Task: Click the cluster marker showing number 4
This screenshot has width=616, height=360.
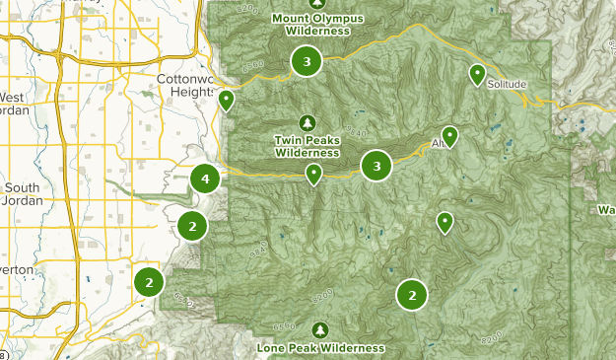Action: [205, 180]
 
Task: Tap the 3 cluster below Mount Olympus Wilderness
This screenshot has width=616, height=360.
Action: [308, 62]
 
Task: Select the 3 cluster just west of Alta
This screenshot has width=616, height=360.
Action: [376, 166]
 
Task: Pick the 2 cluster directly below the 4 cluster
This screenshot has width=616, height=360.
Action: [192, 226]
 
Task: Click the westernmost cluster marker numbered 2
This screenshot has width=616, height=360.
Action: [149, 282]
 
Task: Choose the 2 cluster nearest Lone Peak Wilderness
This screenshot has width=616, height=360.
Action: [412, 294]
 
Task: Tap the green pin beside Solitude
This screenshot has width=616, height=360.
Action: [477, 74]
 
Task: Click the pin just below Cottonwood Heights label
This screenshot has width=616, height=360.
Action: [226, 100]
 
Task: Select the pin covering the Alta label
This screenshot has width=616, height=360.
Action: [449, 136]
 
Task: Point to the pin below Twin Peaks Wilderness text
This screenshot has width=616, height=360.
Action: [313, 175]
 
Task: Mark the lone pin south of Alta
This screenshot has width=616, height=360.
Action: [445, 223]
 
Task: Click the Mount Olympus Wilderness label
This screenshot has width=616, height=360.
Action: [317, 25]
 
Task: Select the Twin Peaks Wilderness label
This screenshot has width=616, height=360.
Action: [308, 147]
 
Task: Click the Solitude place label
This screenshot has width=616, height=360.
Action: [507, 85]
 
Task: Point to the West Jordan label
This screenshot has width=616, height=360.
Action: [14, 104]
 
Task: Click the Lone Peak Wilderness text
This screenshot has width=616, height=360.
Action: [320, 348]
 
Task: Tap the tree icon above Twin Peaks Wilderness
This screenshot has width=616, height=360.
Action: [308, 122]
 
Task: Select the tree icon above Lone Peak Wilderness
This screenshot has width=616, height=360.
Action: [319, 329]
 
